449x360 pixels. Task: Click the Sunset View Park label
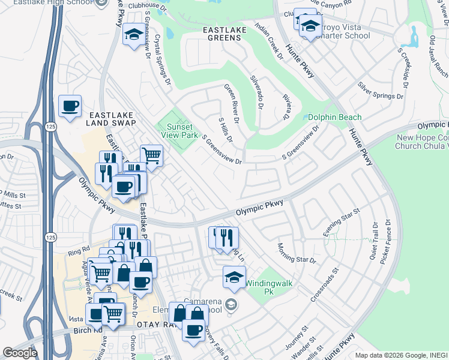(179, 131)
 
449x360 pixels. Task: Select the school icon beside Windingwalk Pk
(234, 277)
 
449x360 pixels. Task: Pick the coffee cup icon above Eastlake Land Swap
(70, 106)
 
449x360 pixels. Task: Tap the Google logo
(19, 353)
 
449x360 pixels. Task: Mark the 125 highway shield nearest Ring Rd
(52, 229)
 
